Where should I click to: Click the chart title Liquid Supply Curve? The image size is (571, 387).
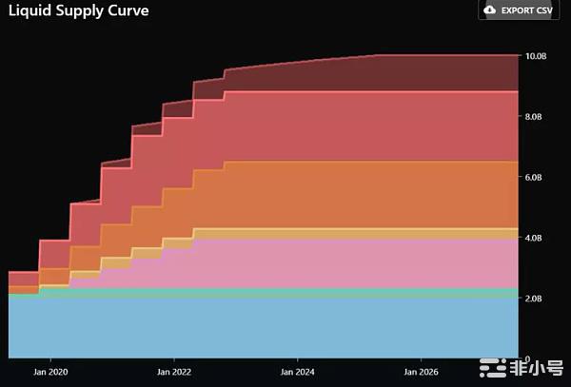click(74, 11)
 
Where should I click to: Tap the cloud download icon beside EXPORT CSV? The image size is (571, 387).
click(491, 10)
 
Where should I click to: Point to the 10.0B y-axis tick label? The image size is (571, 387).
click(537, 56)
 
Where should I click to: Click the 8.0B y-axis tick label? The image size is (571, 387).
click(537, 117)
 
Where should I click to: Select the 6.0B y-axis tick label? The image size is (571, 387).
click(537, 178)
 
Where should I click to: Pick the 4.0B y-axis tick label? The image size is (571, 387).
click(537, 239)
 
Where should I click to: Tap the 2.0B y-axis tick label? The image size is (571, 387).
click(537, 299)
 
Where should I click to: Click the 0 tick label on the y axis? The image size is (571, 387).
click(529, 358)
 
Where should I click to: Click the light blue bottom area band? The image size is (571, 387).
click(285, 328)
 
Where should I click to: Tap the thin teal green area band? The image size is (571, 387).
click(285, 293)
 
